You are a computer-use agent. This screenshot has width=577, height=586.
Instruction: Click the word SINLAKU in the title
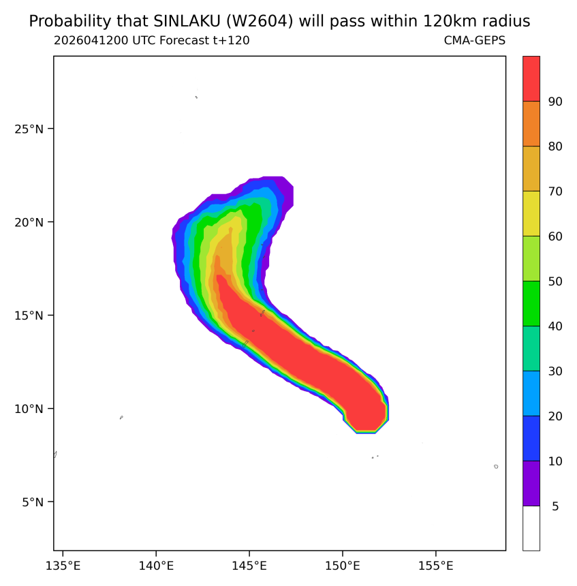click(187, 21)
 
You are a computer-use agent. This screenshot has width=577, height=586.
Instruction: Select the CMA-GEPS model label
click(475, 40)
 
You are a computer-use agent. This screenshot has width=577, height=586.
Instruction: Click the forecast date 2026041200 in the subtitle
click(91, 40)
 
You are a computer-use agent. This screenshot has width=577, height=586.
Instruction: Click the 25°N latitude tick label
click(29, 129)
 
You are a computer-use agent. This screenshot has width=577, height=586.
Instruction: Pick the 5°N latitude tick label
click(33, 502)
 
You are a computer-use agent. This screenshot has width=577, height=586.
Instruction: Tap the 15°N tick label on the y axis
click(29, 315)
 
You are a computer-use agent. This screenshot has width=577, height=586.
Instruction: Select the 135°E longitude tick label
click(63, 566)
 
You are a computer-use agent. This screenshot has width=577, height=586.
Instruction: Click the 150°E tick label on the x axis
click(342, 566)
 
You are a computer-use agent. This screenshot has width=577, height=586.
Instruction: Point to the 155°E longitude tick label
click(436, 566)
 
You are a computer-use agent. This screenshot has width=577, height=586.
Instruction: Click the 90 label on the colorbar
click(555, 102)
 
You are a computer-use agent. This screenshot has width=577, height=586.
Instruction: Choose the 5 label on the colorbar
click(555, 506)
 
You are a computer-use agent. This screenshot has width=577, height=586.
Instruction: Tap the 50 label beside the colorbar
click(555, 281)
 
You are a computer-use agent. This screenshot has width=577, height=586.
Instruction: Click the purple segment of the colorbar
click(531, 483)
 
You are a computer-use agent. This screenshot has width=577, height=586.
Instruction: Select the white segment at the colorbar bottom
click(531, 528)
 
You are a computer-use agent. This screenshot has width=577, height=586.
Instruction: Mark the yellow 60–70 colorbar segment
click(531, 213)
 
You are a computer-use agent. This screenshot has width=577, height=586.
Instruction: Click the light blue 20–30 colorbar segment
click(531, 393)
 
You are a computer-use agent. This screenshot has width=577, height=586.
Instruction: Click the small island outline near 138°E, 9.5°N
click(121, 418)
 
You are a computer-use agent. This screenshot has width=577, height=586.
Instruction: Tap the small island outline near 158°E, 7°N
click(496, 466)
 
